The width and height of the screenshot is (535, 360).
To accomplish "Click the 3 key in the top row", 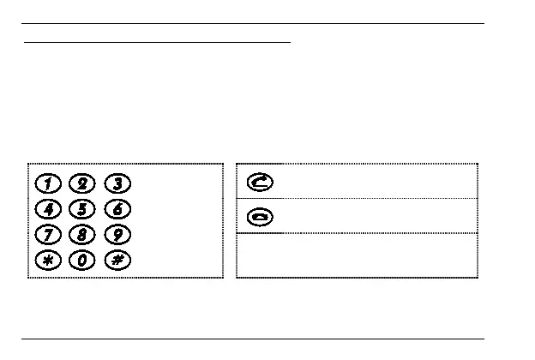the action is [117, 183].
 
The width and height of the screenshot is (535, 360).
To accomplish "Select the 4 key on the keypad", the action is [49, 208].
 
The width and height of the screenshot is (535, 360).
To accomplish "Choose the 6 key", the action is [117, 208].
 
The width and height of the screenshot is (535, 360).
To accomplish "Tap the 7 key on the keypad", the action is [49, 234].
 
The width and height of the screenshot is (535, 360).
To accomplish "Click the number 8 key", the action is [82, 234].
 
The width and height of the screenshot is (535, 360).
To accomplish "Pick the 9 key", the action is [117, 234].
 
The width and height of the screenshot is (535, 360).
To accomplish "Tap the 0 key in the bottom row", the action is [82, 260].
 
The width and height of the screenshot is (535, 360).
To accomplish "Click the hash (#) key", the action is [117, 260].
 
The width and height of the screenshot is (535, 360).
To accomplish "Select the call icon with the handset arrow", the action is [259, 182].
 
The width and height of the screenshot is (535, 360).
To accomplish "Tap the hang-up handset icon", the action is [259, 216].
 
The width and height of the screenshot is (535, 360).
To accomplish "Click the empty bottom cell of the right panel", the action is [357, 255].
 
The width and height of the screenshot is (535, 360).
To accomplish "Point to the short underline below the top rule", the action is [158, 40].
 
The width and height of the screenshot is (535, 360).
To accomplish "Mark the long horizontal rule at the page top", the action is [252, 24].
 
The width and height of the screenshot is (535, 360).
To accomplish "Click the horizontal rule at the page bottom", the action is [252, 338].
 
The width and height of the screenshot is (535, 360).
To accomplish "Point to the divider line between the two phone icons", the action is [357, 198].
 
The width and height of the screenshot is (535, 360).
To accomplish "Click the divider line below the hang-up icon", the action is [357, 232].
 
